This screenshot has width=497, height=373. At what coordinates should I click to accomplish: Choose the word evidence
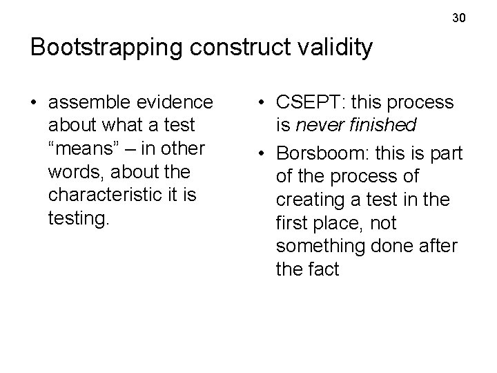[177, 103]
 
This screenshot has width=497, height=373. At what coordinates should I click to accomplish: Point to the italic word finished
[383, 126]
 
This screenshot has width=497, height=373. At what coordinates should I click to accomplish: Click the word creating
[311, 200]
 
